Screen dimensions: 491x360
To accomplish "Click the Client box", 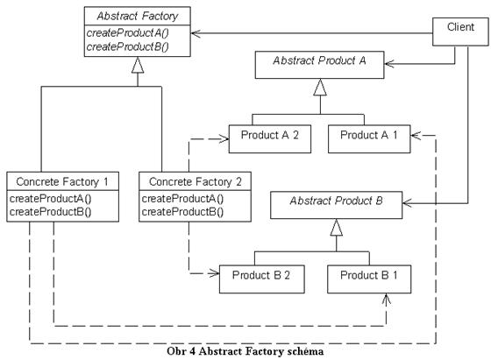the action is (460, 32).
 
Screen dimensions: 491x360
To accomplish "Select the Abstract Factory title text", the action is (138, 16).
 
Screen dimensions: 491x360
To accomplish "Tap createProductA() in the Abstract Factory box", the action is (127, 32).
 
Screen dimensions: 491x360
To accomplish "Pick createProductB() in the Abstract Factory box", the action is (127, 47).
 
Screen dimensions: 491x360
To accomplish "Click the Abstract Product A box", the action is (320, 65).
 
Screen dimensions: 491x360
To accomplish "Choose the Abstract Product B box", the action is (337, 205).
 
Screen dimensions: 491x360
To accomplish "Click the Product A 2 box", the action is (270, 139).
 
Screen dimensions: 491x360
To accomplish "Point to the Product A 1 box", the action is (369, 139).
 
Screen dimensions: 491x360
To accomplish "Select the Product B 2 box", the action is (262, 279).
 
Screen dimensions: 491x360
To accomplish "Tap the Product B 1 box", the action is (369, 279).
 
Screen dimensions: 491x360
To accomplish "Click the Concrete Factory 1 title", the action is (62, 181).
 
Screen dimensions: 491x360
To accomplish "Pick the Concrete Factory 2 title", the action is (195, 181).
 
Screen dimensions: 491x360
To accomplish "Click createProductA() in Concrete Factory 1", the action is (51, 199).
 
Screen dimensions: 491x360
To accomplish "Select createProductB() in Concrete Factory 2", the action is (182, 212).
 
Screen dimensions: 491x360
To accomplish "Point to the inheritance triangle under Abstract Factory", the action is (138, 65).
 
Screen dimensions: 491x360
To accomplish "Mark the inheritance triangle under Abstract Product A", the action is (320, 87).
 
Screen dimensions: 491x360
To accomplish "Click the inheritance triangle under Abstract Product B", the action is (337, 227).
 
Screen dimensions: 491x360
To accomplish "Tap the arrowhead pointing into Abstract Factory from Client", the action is (196, 33).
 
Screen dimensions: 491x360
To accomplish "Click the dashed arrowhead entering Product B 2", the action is (214, 273).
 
